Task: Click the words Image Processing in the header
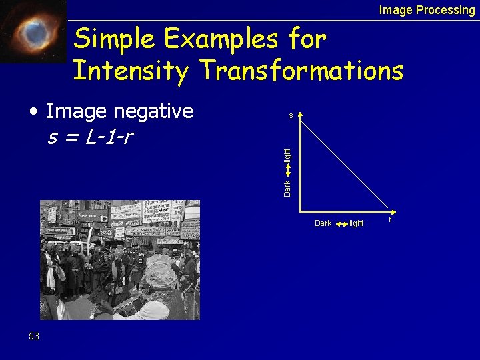pos(427,10)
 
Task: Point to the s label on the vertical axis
pos(291,116)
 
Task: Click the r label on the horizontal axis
pos(390,219)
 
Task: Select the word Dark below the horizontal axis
pos(323,223)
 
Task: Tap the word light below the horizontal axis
pos(357,223)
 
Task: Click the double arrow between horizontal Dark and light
pos(340,223)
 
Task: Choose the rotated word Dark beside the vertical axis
pos(287,187)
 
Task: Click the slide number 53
pos(34,336)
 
